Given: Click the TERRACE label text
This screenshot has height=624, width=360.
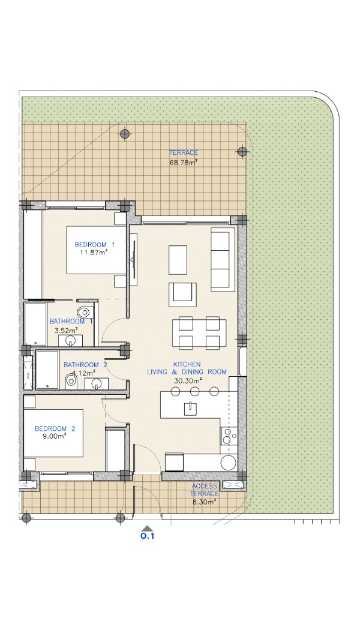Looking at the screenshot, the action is click(184, 152).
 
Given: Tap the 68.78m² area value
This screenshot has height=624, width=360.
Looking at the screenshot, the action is click(184, 162).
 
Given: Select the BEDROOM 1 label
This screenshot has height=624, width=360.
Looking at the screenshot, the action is click(95, 244).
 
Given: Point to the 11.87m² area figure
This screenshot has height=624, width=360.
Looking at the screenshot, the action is click(95, 253).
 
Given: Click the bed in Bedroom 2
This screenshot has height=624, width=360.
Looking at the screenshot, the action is click(53, 433).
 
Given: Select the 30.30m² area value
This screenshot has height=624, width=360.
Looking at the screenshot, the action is click(188, 380).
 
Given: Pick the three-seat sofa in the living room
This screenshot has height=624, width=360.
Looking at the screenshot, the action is click(221, 259).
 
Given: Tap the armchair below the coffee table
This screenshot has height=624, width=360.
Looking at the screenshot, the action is click(182, 295).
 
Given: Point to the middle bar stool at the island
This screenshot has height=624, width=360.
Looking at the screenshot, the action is click(194, 391).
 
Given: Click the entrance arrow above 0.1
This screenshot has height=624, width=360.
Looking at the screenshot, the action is click(148, 527).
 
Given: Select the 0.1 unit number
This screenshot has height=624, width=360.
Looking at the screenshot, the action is click(147, 536).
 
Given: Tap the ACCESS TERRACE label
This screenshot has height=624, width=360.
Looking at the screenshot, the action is click(205, 490).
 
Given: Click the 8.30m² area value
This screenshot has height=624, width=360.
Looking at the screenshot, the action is click(205, 502).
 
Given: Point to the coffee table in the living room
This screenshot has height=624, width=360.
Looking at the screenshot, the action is click(178, 260).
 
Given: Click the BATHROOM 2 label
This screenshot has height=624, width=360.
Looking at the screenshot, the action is click(85, 365).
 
